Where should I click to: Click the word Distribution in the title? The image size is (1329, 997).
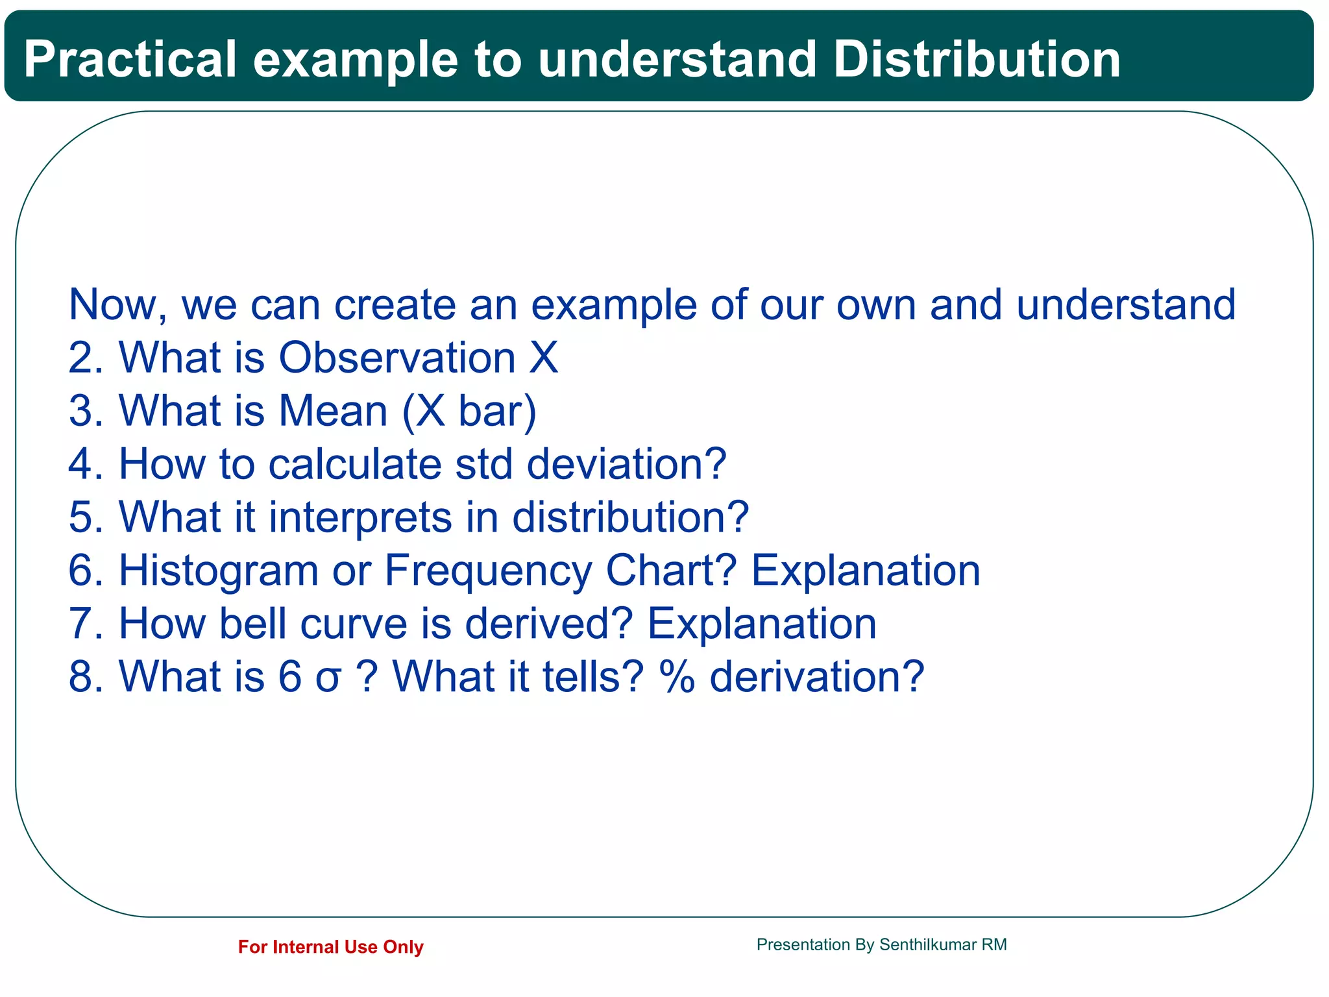(x=977, y=60)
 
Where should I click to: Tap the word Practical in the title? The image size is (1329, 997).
(x=130, y=60)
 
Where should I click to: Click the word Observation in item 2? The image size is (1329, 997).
(x=397, y=358)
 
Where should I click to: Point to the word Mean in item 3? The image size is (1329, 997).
(x=333, y=412)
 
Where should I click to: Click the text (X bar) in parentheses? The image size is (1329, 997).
(x=469, y=412)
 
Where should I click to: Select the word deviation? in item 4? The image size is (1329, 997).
(x=626, y=465)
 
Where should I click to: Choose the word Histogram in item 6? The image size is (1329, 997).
(x=219, y=571)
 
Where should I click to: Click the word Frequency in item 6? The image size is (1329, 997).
(x=488, y=571)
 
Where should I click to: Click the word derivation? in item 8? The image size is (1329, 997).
(x=816, y=678)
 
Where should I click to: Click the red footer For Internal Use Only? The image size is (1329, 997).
(x=330, y=947)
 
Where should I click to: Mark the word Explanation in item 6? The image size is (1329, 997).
(x=865, y=571)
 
